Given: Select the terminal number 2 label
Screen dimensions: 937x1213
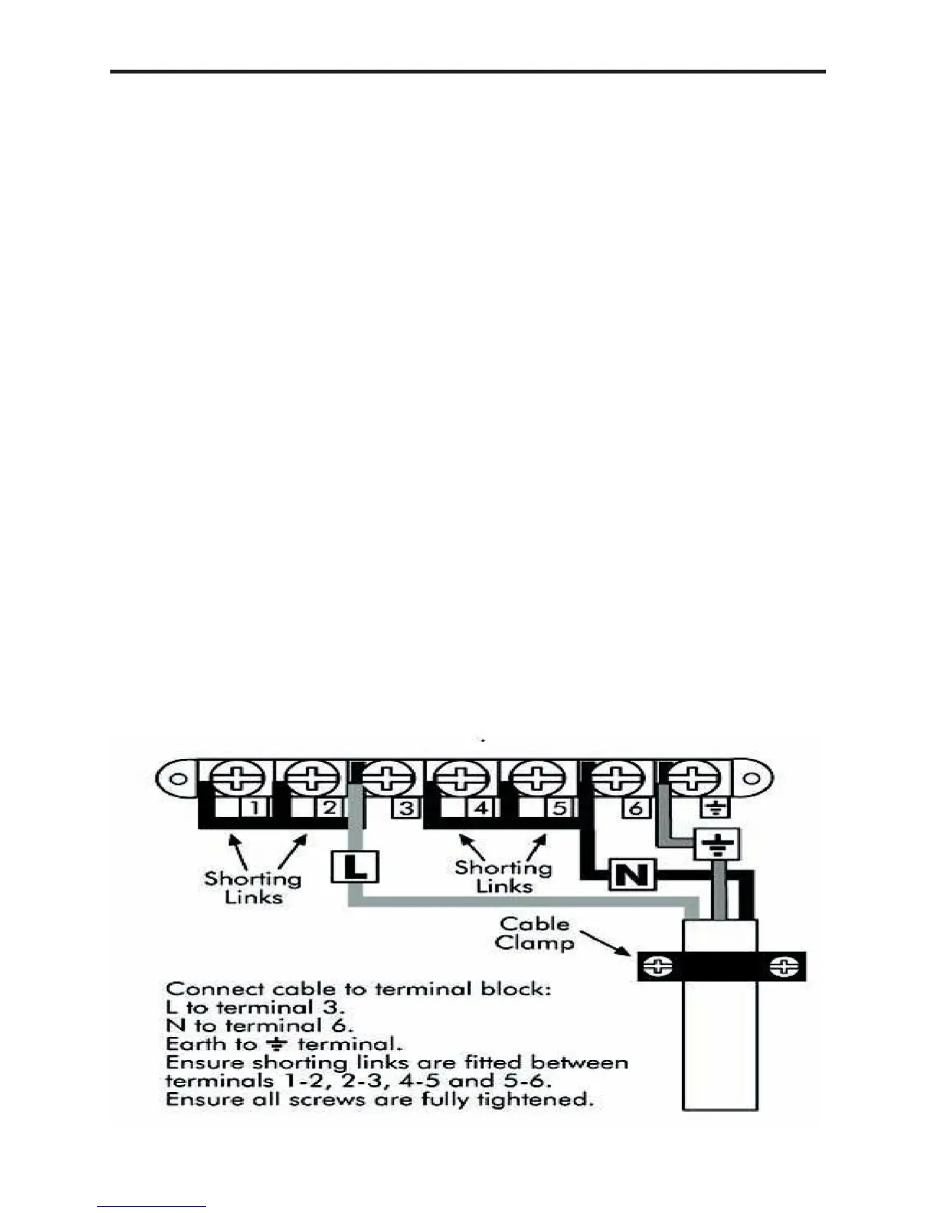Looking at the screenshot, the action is (x=330, y=807).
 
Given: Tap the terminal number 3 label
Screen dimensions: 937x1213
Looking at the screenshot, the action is (x=406, y=808).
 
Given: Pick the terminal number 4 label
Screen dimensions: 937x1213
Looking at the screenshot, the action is (x=482, y=807).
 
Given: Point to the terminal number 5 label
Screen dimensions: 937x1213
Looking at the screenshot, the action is (x=559, y=807).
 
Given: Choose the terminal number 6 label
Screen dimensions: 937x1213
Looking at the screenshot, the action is (x=635, y=808).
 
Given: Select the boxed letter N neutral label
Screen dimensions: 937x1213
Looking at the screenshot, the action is (x=632, y=875).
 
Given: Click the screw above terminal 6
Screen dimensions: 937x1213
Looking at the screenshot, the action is (x=617, y=779).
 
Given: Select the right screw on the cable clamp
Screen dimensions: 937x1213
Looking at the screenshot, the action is (x=784, y=967).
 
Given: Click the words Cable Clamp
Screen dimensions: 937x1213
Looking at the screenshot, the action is (x=534, y=933).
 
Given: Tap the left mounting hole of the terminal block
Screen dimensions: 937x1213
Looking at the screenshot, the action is (x=177, y=780).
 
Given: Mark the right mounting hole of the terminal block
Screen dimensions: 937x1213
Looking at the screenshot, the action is (x=753, y=780).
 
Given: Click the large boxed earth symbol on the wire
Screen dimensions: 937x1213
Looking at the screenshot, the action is (x=717, y=845).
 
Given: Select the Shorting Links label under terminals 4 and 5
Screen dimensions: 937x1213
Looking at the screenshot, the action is (x=503, y=877).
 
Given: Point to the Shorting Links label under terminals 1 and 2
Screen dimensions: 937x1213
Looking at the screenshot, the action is (x=253, y=888).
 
